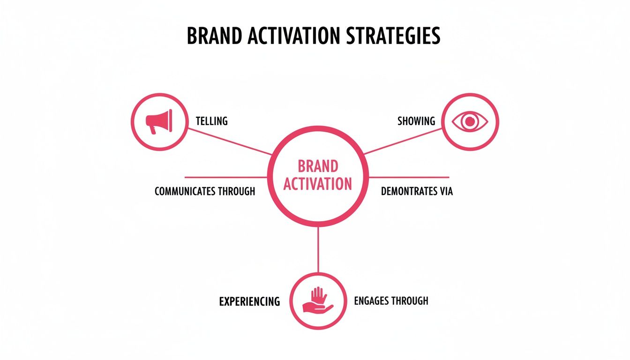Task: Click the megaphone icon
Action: pos(159,121)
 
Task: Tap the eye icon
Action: pos(470,122)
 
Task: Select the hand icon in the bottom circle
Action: pos(317,300)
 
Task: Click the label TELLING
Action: pos(211,121)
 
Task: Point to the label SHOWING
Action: pos(416,121)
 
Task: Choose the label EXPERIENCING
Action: pos(249,301)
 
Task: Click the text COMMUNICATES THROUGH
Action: pos(205,191)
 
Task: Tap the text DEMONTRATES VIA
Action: pos(417,191)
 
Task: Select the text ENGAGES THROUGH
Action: pos(391,300)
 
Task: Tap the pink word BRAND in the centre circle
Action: pos(318,166)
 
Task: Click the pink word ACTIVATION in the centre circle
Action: pos(318,184)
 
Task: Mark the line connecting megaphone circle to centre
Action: pos(230,141)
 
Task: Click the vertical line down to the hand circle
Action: pos(318,248)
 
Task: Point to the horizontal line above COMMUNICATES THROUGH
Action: pos(225,177)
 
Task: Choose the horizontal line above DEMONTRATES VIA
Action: pos(409,177)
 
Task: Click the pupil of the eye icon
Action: pos(470,122)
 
